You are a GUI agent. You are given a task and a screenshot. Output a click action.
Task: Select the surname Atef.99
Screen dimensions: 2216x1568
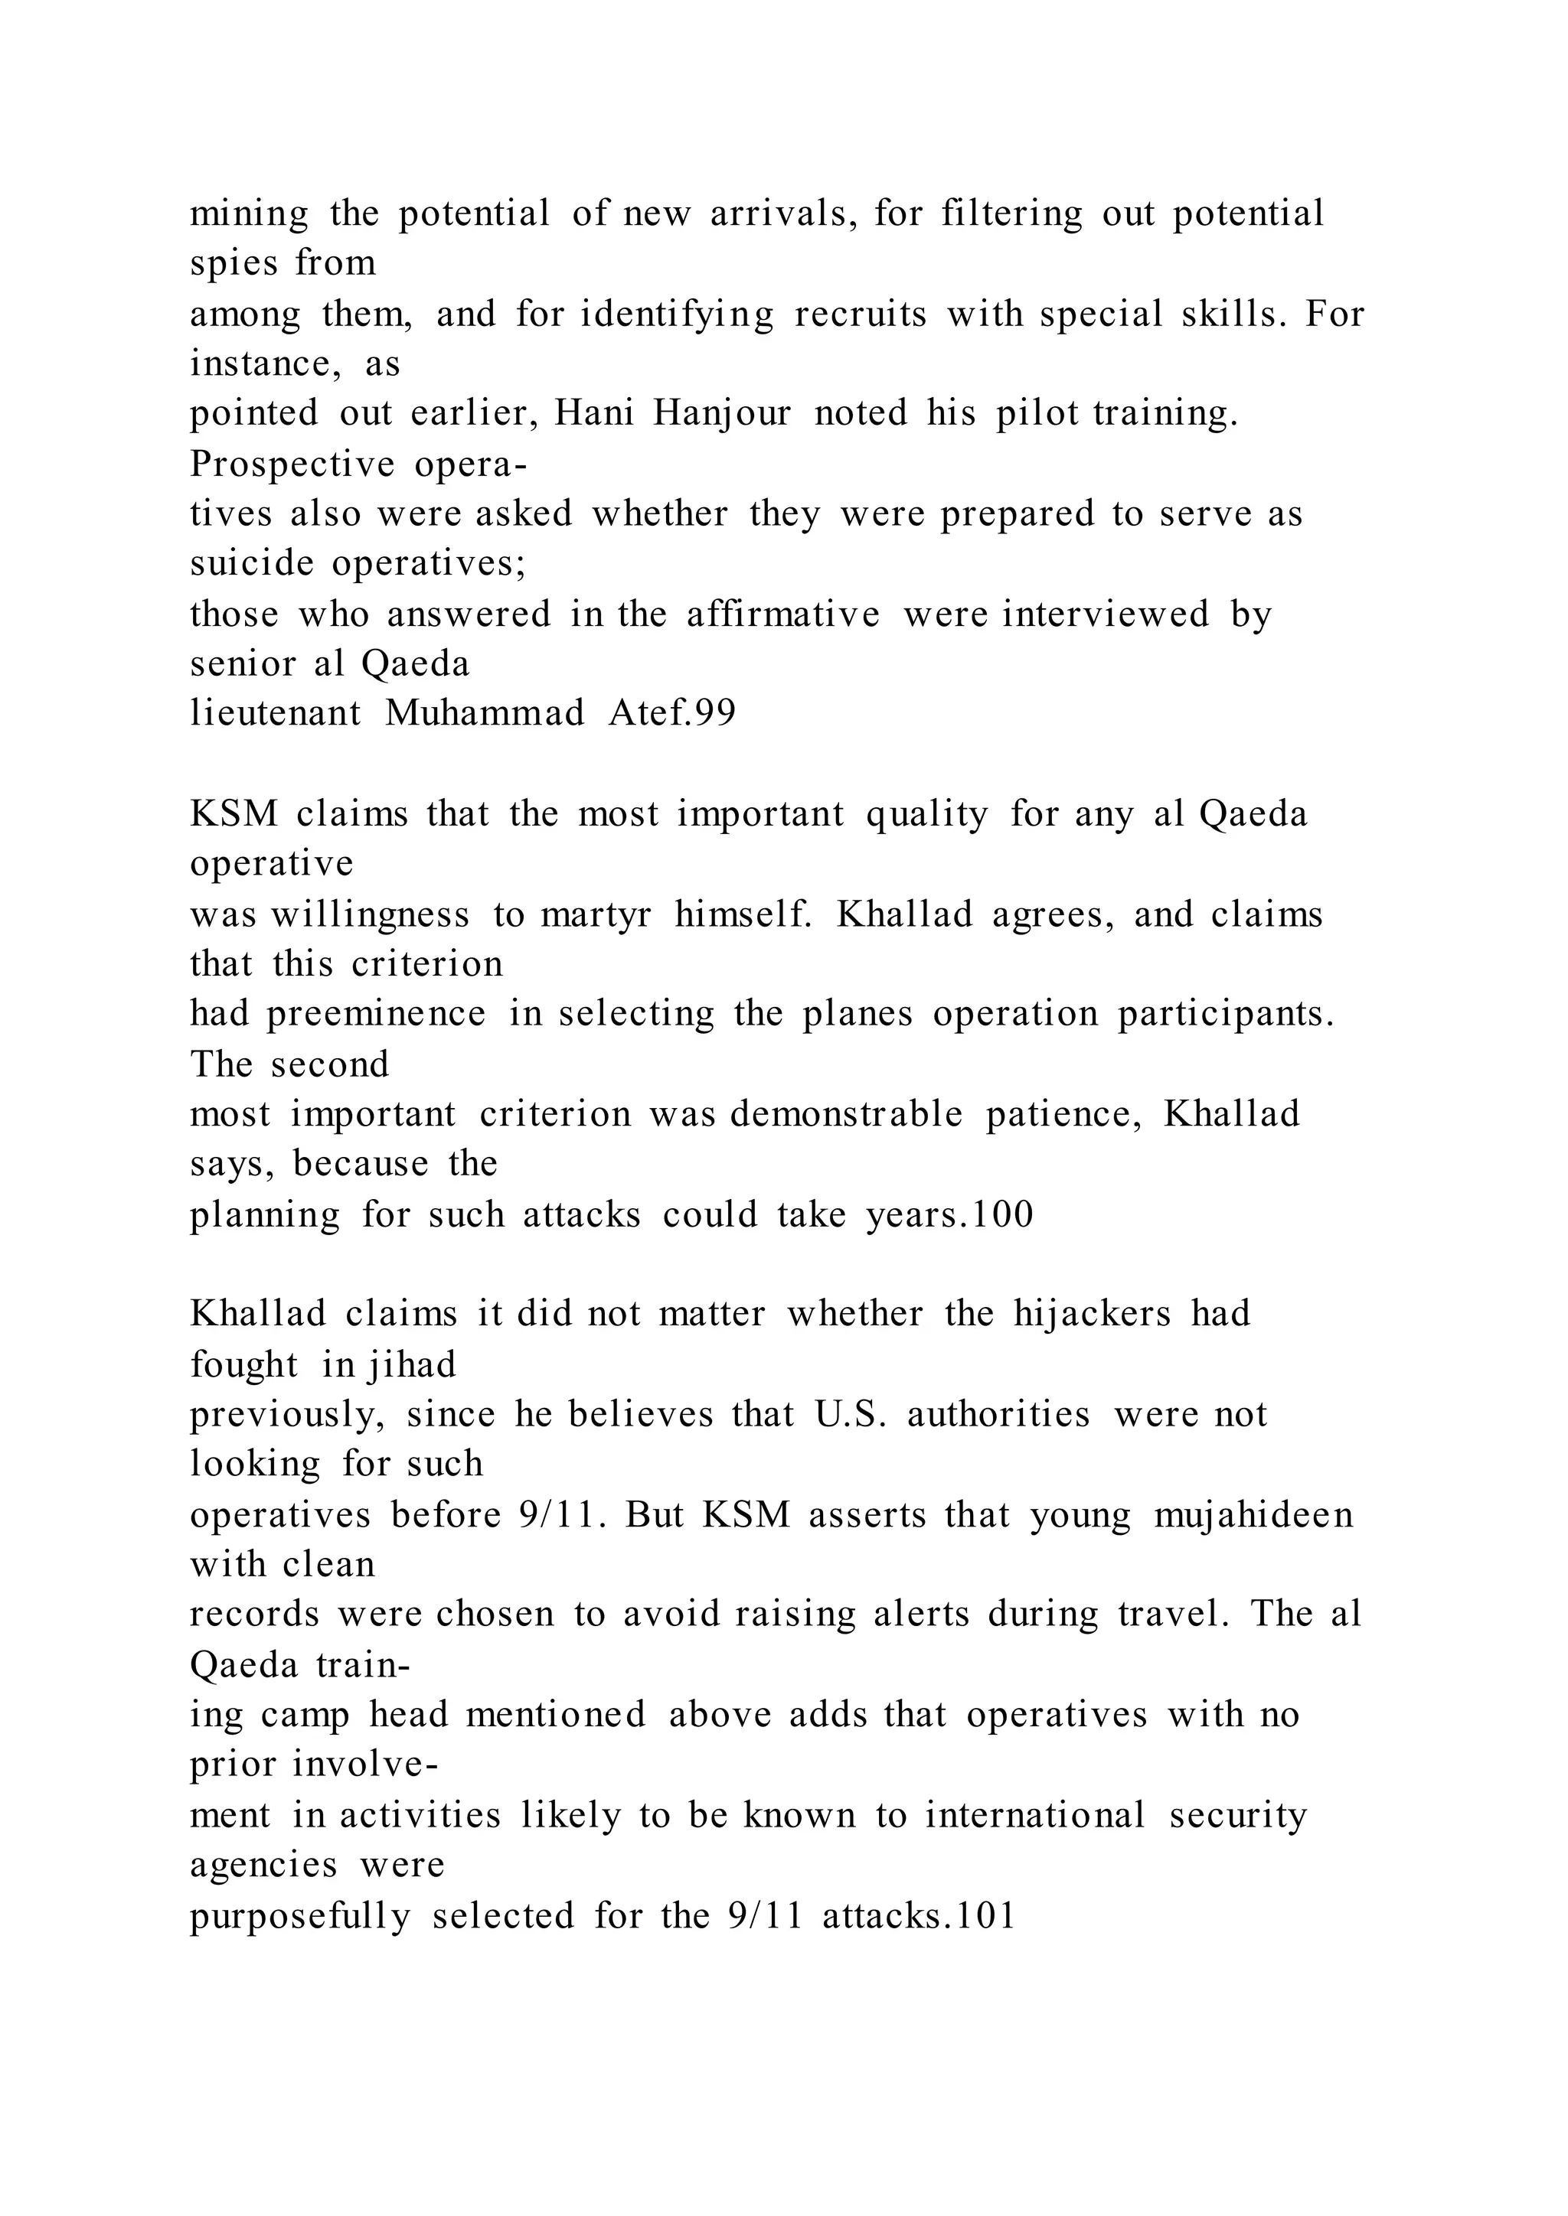coord(672,714)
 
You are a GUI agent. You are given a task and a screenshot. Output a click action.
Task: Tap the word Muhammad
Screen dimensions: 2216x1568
coord(485,714)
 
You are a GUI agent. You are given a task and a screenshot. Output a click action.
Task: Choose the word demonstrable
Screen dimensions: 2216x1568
coord(846,1115)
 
